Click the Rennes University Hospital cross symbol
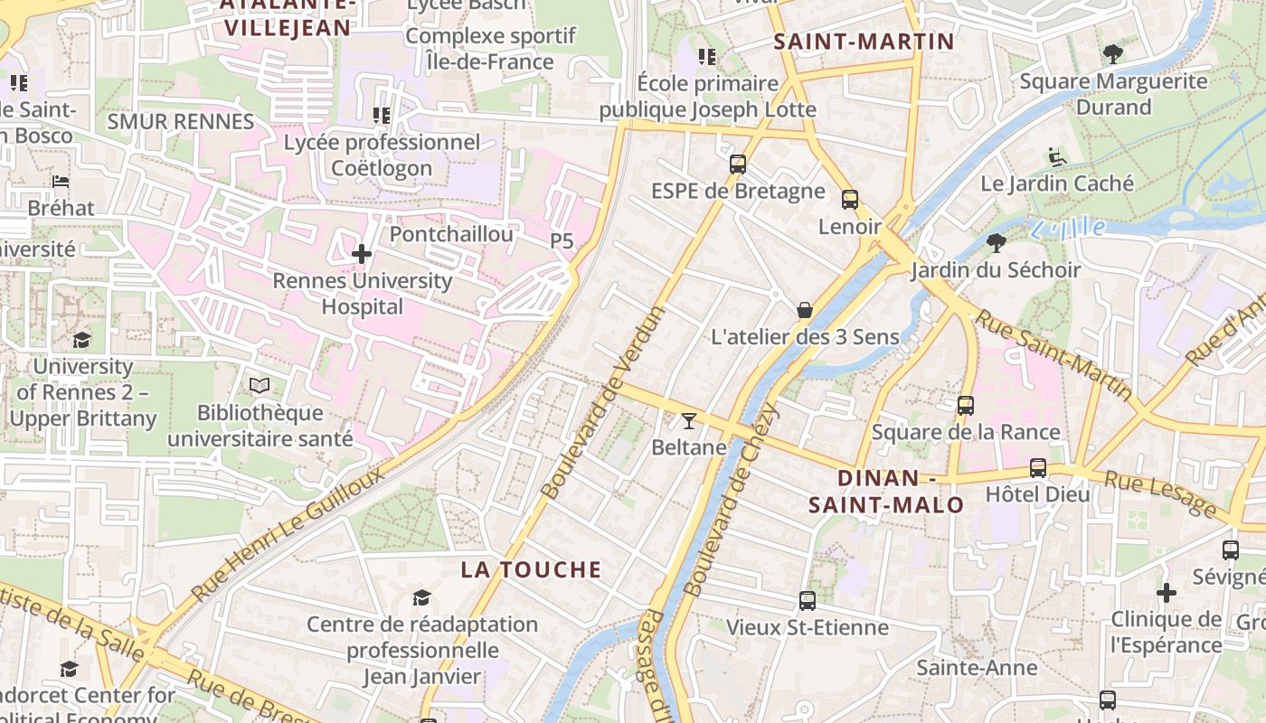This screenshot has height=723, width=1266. click(x=362, y=254)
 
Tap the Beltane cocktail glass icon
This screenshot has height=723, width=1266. click(x=689, y=420)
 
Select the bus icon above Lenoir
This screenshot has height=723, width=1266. click(x=849, y=200)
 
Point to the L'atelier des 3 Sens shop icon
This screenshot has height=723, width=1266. click(x=805, y=310)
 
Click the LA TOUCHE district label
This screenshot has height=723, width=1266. click(x=531, y=569)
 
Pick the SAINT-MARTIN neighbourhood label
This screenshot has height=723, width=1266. click(x=864, y=41)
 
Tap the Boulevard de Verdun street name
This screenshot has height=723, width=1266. click(x=603, y=402)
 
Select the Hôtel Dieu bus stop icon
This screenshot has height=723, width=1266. click(x=1037, y=468)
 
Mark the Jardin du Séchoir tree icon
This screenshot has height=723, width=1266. click(x=997, y=242)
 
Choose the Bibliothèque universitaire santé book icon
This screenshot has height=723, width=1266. click(x=260, y=386)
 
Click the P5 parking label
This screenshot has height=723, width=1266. click(x=562, y=241)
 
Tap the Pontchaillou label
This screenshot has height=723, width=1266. click(x=451, y=234)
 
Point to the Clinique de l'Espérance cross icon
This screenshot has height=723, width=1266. click(x=1166, y=593)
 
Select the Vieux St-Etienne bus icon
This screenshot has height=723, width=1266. click(x=807, y=600)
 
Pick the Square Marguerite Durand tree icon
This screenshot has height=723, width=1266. click(x=1113, y=54)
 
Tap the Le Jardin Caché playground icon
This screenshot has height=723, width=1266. click(x=1056, y=157)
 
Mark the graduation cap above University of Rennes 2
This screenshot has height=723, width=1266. click(x=82, y=340)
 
